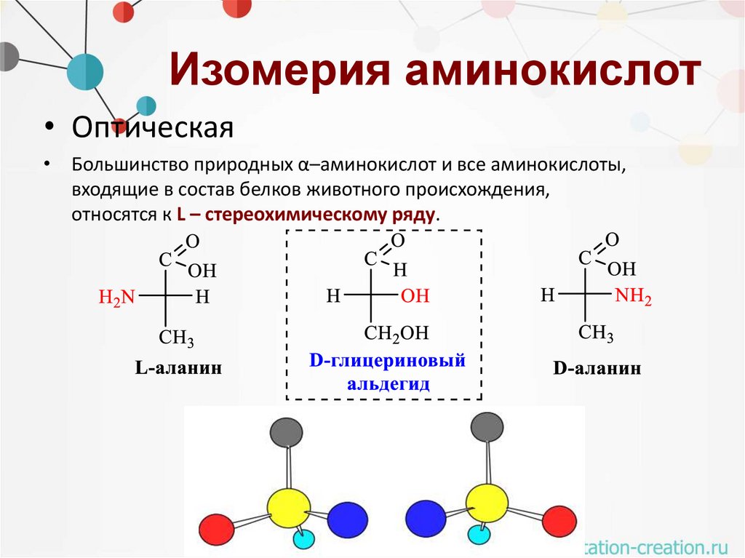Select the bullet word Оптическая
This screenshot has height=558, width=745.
point(152,129)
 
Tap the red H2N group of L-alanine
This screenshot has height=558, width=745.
point(117,296)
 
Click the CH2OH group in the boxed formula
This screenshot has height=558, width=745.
point(397,334)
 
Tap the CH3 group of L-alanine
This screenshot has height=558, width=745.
point(177,338)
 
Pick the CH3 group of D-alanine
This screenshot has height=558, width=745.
point(596,334)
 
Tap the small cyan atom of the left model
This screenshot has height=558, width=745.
point(304,540)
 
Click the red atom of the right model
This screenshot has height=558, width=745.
point(559,522)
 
